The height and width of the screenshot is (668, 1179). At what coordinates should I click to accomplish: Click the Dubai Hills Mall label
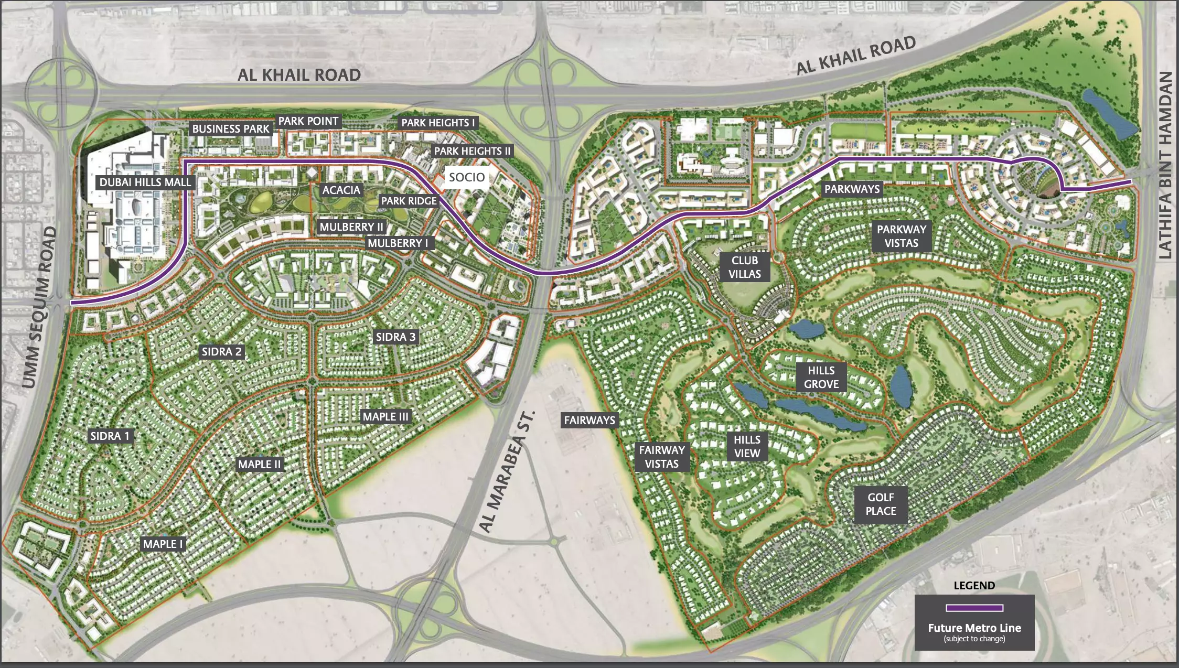coord(145,182)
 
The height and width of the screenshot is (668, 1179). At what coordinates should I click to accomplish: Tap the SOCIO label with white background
coord(467,177)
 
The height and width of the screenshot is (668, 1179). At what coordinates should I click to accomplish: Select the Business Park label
coord(230,129)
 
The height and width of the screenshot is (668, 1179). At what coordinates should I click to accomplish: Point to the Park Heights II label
coord(472,151)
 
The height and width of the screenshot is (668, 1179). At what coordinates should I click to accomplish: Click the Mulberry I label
coord(398,243)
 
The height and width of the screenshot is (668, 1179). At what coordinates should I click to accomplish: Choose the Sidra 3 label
coord(395,337)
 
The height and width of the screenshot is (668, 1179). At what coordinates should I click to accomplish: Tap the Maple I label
coord(163,544)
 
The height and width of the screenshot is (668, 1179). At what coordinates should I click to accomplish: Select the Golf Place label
coord(881,504)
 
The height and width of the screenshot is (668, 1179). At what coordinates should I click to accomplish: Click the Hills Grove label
coord(821,378)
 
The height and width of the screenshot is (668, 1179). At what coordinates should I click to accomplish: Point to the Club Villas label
coord(744,267)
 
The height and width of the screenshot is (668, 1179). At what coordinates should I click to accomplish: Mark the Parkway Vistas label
coord(901,236)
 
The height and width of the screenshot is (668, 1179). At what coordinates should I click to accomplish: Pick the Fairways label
coord(589,421)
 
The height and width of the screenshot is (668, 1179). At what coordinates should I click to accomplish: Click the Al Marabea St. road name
coord(507,472)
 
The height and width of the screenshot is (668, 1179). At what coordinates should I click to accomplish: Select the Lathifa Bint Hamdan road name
coord(1164,165)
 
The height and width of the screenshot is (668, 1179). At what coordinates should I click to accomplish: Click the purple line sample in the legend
coord(974,608)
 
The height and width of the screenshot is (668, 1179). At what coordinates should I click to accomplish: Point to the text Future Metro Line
coord(974,628)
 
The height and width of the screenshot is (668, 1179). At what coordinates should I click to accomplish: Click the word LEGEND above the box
coord(974,586)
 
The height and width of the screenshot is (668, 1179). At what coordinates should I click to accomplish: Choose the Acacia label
coord(341,190)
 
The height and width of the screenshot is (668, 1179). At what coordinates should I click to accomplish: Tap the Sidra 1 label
coord(110,436)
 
